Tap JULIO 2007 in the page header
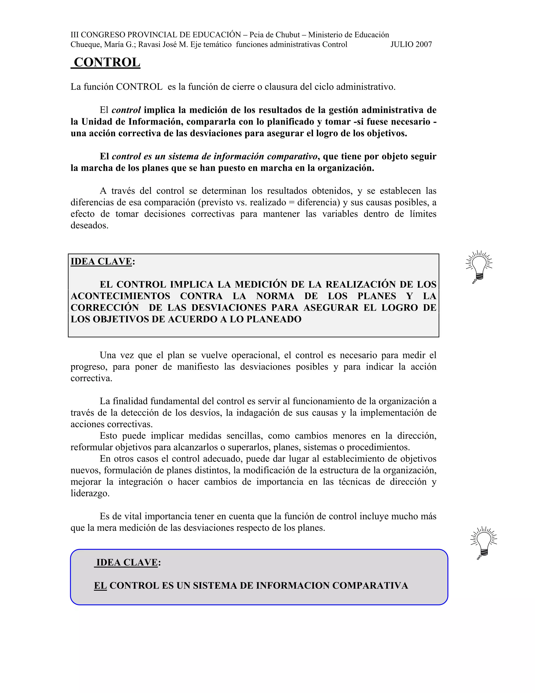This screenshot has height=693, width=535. tap(411, 44)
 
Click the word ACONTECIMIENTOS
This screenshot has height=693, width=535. tap(120, 296)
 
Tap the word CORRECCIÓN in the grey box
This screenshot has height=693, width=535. tap(104, 308)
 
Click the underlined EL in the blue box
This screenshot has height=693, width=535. tap(100, 586)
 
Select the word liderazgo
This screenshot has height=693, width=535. tap(90, 493)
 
